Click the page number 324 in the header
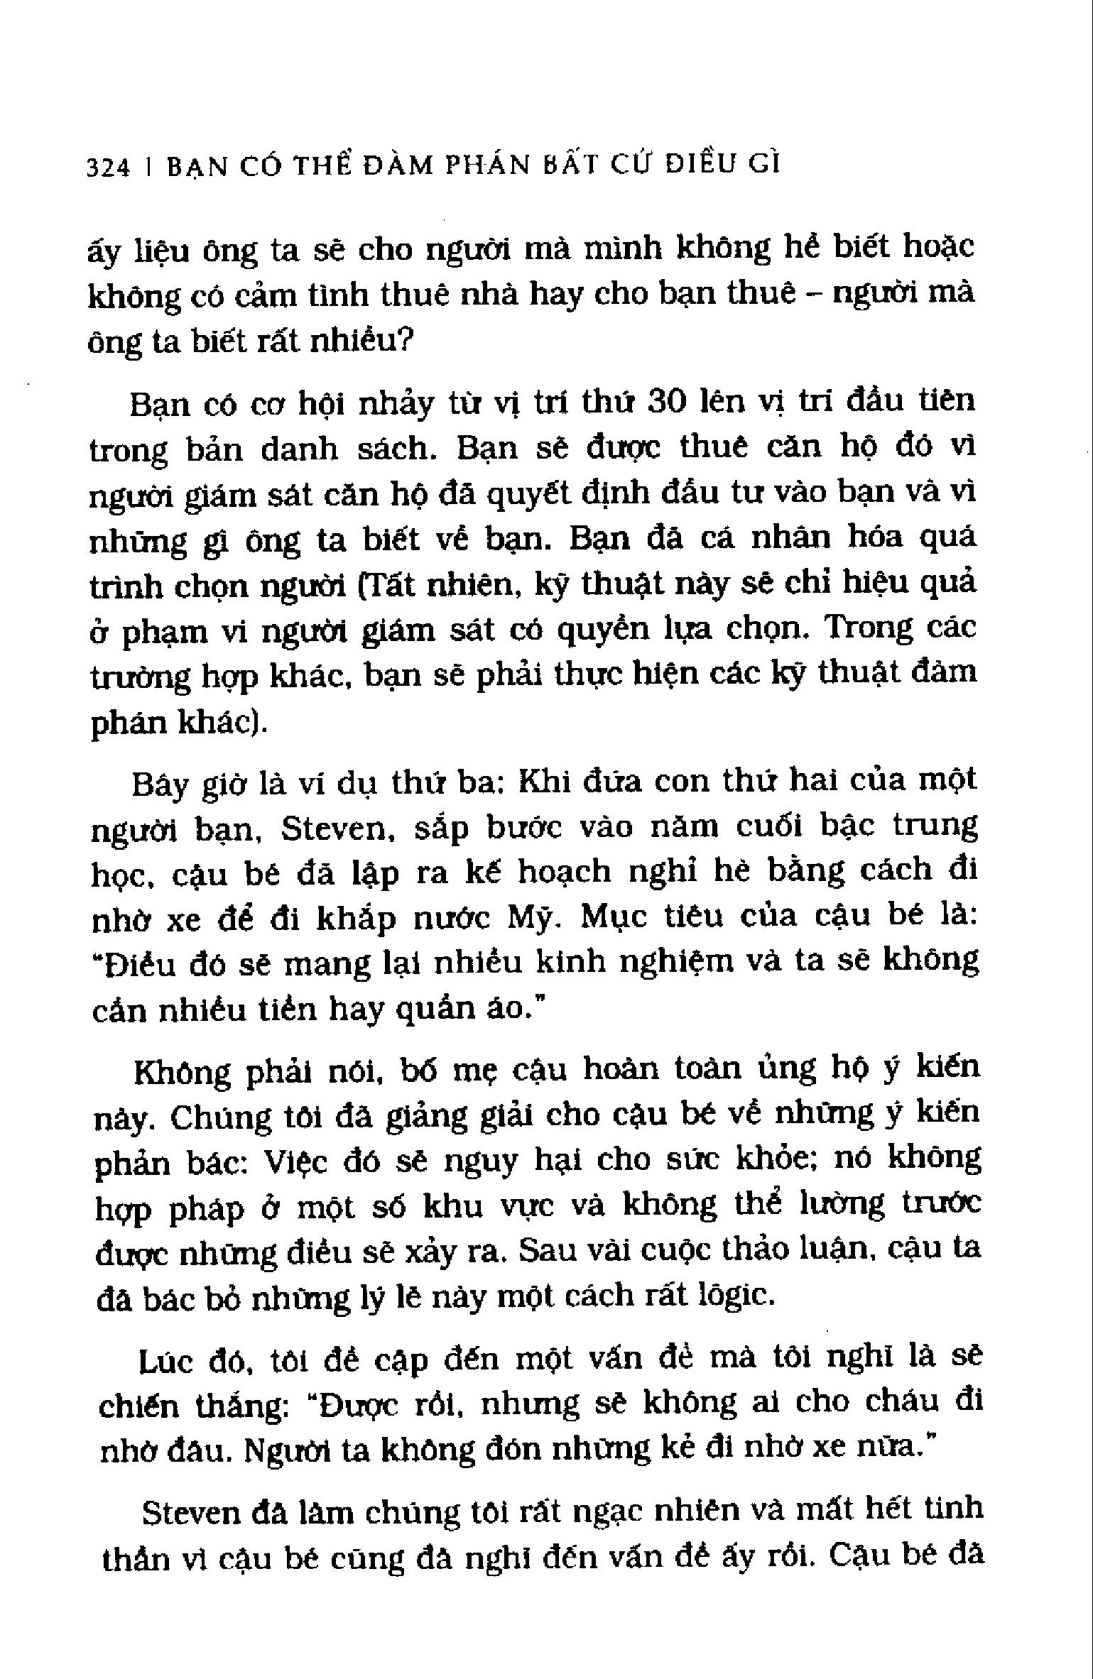[108, 168]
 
